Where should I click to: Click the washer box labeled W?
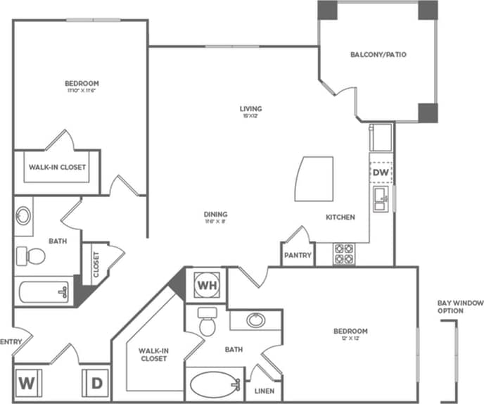[x=27, y=384]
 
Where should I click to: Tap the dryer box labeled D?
[x=96, y=384]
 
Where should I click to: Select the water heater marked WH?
[x=206, y=285]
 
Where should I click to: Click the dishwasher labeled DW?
[x=380, y=172]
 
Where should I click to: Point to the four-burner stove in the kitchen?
[x=344, y=253]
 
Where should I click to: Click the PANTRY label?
[x=298, y=255]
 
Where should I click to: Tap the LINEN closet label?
[x=265, y=391]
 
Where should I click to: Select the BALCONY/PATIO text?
[x=378, y=54]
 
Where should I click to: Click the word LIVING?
[x=250, y=108]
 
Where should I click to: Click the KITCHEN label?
[x=340, y=217]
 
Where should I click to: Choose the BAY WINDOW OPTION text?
[x=460, y=307]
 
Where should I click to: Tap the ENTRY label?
[x=12, y=342]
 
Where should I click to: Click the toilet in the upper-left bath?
[x=30, y=255]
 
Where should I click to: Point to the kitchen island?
[x=314, y=179]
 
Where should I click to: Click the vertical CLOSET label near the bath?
[x=96, y=264]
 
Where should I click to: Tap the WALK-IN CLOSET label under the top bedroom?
[x=57, y=168]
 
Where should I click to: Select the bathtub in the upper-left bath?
[x=44, y=291]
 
